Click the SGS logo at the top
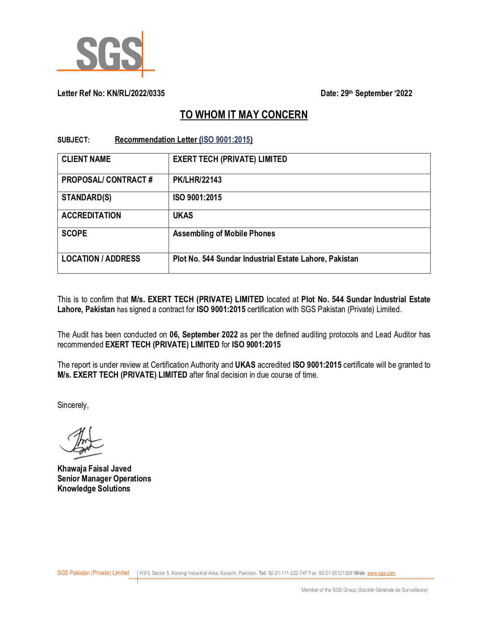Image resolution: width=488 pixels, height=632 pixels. click(109, 54)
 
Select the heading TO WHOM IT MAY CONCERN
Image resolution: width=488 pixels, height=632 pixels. click(244, 115)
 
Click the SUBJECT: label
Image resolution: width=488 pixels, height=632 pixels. click(73, 140)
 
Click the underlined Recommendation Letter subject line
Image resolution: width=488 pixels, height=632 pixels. click(183, 139)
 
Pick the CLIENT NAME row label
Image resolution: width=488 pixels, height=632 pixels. click(86, 159)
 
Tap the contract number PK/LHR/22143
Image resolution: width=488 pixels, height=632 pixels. click(197, 180)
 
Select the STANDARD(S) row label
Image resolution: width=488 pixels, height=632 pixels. click(87, 198)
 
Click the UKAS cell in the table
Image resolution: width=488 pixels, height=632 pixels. click(183, 215)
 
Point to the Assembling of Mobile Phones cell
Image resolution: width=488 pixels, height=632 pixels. click(224, 233)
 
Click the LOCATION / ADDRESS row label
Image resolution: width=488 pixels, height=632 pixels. click(101, 259)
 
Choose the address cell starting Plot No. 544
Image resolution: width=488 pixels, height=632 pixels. click(265, 259)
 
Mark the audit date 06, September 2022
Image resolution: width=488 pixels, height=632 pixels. click(204, 334)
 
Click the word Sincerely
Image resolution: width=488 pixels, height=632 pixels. click(73, 405)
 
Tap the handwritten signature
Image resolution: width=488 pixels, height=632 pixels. click(81, 442)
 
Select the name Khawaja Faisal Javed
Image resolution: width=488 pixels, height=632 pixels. click(94, 468)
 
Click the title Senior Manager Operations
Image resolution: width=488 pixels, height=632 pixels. click(104, 478)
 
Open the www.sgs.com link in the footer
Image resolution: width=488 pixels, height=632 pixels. click(381, 573)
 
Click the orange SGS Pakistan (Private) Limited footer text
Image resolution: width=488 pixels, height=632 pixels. click(93, 573)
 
